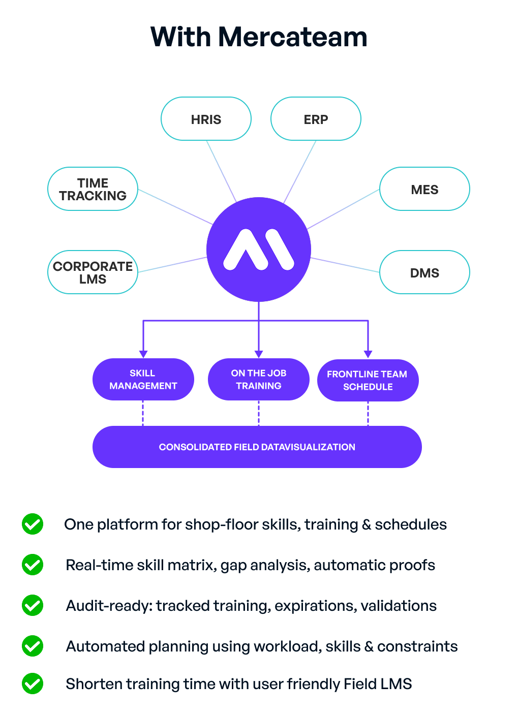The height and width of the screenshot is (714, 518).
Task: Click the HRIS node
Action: (x=206, y=119)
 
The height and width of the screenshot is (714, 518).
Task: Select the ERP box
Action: (x=316, y=119)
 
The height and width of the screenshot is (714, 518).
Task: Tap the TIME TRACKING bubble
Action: (x=93, y=189)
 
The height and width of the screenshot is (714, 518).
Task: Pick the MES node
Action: (x=424, y=189)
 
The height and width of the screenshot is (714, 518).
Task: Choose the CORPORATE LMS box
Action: (x=93, y=272)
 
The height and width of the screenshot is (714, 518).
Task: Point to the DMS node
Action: (x=424, y=272)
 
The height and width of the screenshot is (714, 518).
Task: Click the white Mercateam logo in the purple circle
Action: (x=259, y=250)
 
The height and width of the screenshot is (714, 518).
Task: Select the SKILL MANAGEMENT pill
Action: (x=143, y=379)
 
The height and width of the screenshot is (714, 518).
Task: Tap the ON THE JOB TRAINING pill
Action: (x=258, y=379)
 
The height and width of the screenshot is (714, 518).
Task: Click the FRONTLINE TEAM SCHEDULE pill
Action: (x=368, y=380)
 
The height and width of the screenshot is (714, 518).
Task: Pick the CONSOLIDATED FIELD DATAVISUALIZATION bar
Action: (x=257, y=447)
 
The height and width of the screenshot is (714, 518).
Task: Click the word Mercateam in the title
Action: (x=292, y=37)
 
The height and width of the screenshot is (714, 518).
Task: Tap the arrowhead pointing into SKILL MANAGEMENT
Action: (x=143, y=354)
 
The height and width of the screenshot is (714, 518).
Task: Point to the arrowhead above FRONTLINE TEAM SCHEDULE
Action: (x=368, y=354)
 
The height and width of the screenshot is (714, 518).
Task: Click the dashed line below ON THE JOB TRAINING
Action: (x=259, y=413)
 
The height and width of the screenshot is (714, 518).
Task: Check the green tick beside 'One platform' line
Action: (x=33, y=524)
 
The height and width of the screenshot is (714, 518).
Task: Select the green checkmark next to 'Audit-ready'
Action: (x=33, y=605)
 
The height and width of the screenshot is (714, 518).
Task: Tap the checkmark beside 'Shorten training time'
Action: (x=33, y=684)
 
